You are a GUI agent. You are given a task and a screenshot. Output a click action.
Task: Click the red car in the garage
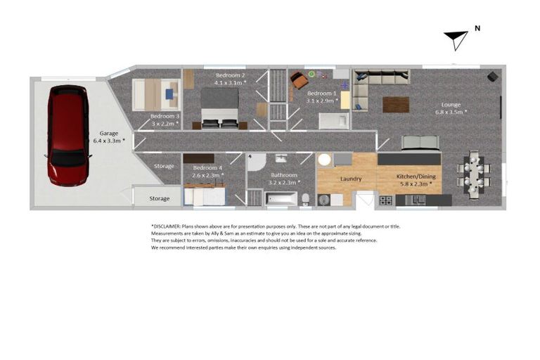pos(67,134)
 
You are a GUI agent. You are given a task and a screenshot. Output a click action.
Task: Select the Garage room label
pos(108,133)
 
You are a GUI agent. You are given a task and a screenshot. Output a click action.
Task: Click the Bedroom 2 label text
pos(230,75)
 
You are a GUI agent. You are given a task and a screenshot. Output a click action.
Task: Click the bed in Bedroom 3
pos(155,94)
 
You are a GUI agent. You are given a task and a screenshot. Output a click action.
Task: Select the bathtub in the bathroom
pos(281,198)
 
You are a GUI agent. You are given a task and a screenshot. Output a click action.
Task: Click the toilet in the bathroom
pos(306,199)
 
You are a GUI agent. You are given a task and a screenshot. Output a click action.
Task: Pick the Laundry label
pos(351,179)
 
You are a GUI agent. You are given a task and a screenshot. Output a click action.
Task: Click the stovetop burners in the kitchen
pos(386,200)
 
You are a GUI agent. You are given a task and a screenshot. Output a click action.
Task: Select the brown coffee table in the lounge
pos(396,105)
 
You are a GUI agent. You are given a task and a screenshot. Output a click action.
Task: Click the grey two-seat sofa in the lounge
pos(420,143)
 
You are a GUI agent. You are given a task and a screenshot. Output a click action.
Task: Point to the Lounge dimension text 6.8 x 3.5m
pos(451,112)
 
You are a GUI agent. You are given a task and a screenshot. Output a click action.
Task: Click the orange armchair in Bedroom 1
pos(300,81)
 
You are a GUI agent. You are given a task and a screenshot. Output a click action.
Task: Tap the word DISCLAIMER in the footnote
pos(166,226)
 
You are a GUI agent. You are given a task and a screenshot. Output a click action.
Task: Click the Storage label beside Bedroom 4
pos(164,167)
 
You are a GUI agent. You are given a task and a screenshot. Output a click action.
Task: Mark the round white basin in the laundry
pos(325,160)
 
